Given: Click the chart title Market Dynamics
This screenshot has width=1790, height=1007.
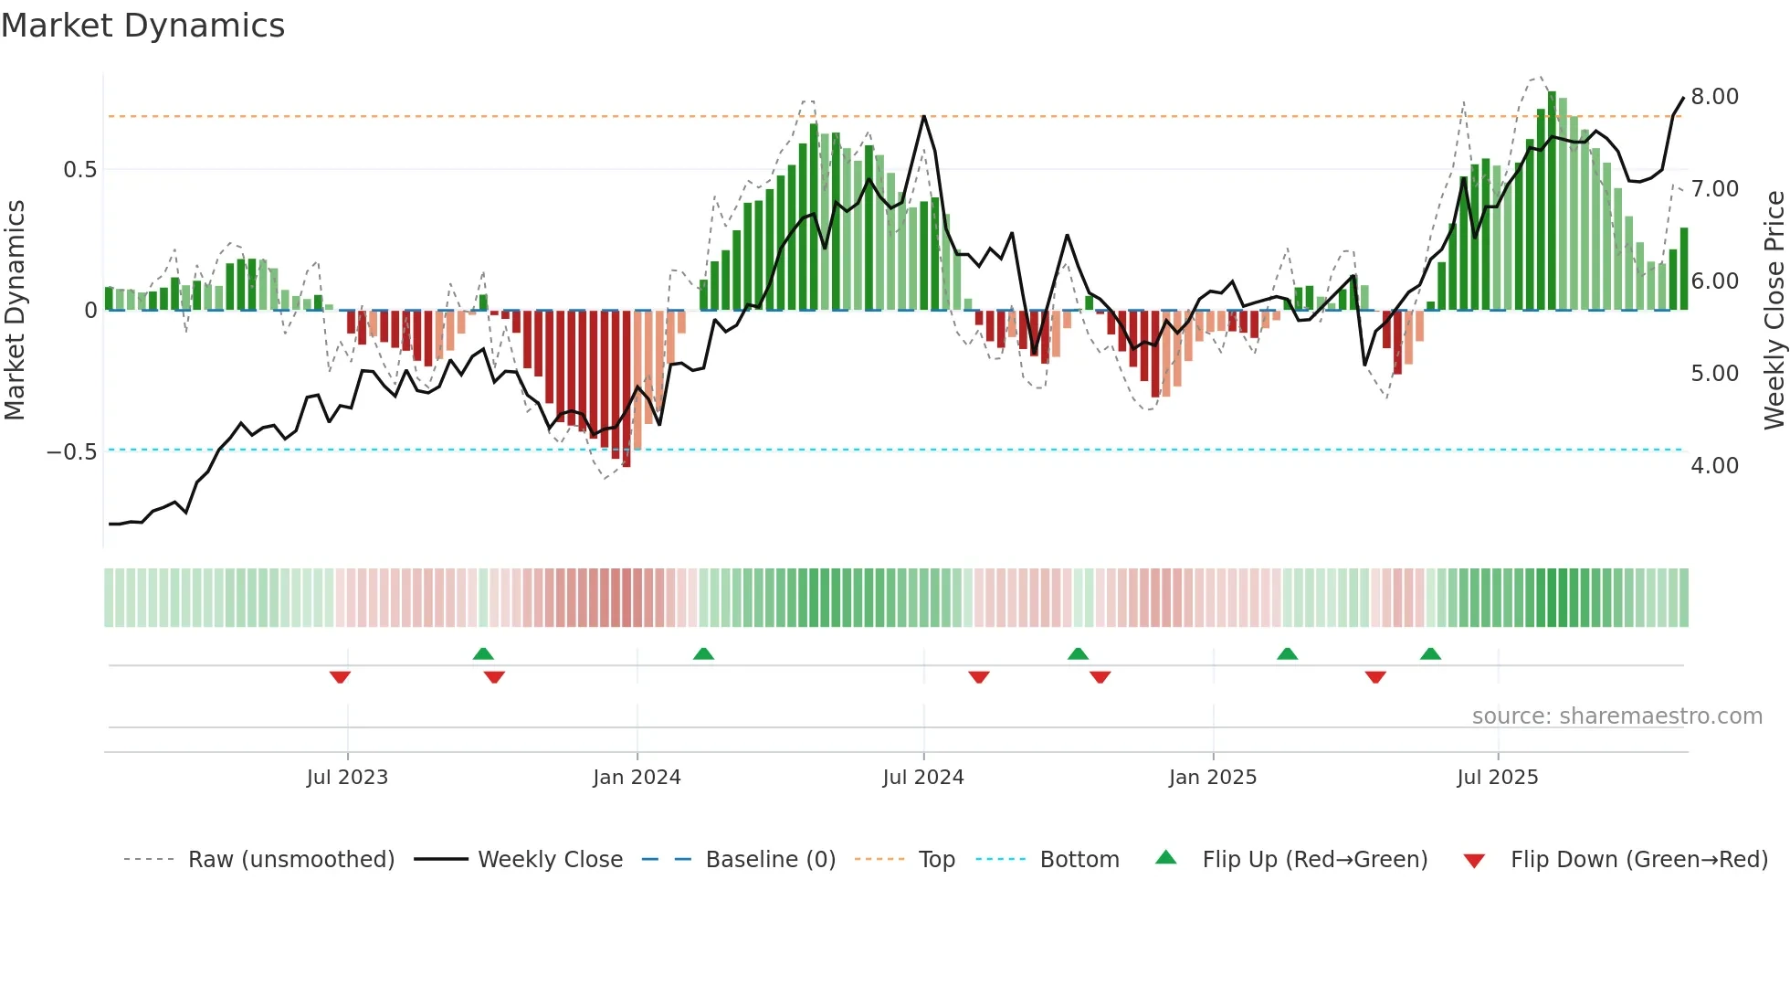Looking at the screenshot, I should tap(142, 26).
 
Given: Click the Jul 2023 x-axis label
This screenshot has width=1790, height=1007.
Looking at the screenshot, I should tap(347, 778).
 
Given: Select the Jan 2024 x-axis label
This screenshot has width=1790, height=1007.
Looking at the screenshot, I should tap(637, 778).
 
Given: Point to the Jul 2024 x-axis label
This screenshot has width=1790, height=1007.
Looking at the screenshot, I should tap(923, 778).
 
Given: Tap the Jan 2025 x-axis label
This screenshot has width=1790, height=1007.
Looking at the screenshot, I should tap(1213, 778).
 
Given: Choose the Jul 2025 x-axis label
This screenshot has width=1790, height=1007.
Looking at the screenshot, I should tap(1498, 778).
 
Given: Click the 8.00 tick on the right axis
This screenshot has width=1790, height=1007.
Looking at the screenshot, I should tap(1714, 97).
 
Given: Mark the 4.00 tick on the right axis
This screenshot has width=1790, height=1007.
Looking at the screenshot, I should tap(1714, 466).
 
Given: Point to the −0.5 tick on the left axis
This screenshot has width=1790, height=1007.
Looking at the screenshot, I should tap(71, 452).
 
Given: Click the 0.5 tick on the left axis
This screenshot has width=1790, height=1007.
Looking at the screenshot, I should tap(79, 170).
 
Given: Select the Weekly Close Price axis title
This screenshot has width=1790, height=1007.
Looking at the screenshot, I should tap(1774, 311).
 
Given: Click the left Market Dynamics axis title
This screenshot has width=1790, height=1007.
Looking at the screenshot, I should tap(15, 311).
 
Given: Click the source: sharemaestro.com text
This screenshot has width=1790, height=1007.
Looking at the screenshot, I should tap(1616, 716).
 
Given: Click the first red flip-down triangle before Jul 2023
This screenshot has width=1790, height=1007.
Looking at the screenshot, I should tap(340, 677).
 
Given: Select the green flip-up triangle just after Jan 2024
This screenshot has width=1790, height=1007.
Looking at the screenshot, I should tap(703, 653).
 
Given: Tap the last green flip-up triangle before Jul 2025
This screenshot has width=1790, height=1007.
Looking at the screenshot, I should tap(1430, 653).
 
